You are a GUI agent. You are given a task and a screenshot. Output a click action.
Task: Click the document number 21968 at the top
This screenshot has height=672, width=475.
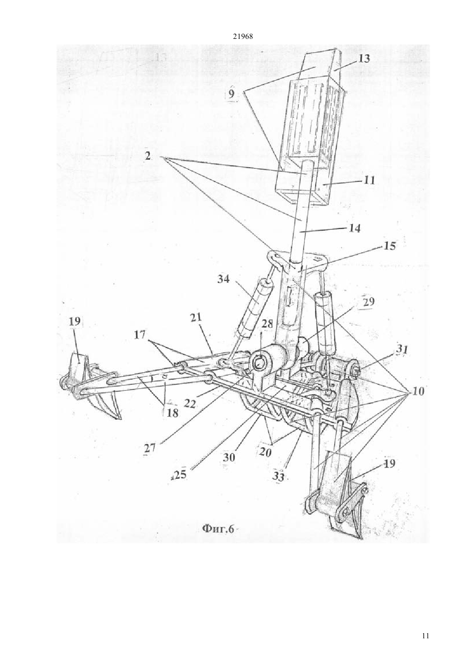pyautogui.click(x=243, y=37)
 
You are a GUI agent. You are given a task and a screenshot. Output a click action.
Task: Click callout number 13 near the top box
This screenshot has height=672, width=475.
pyautogui.click(x=363, y=59)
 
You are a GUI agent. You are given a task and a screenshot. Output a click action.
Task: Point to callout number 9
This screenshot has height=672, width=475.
pyautogui.click(x=231, y=94)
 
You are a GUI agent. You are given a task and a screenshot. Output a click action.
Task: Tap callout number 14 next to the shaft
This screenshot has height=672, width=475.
pyautogui.click(x=354, y=228)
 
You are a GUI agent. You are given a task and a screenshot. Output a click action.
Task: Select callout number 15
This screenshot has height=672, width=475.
pyautogui.click(x=389, y=246)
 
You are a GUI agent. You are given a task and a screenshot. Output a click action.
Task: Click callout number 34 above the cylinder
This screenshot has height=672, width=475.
pyautogui.click(x=223, y=279)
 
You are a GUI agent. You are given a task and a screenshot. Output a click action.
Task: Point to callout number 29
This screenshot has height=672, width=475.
pyautogui.click(x=368, y=302)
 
